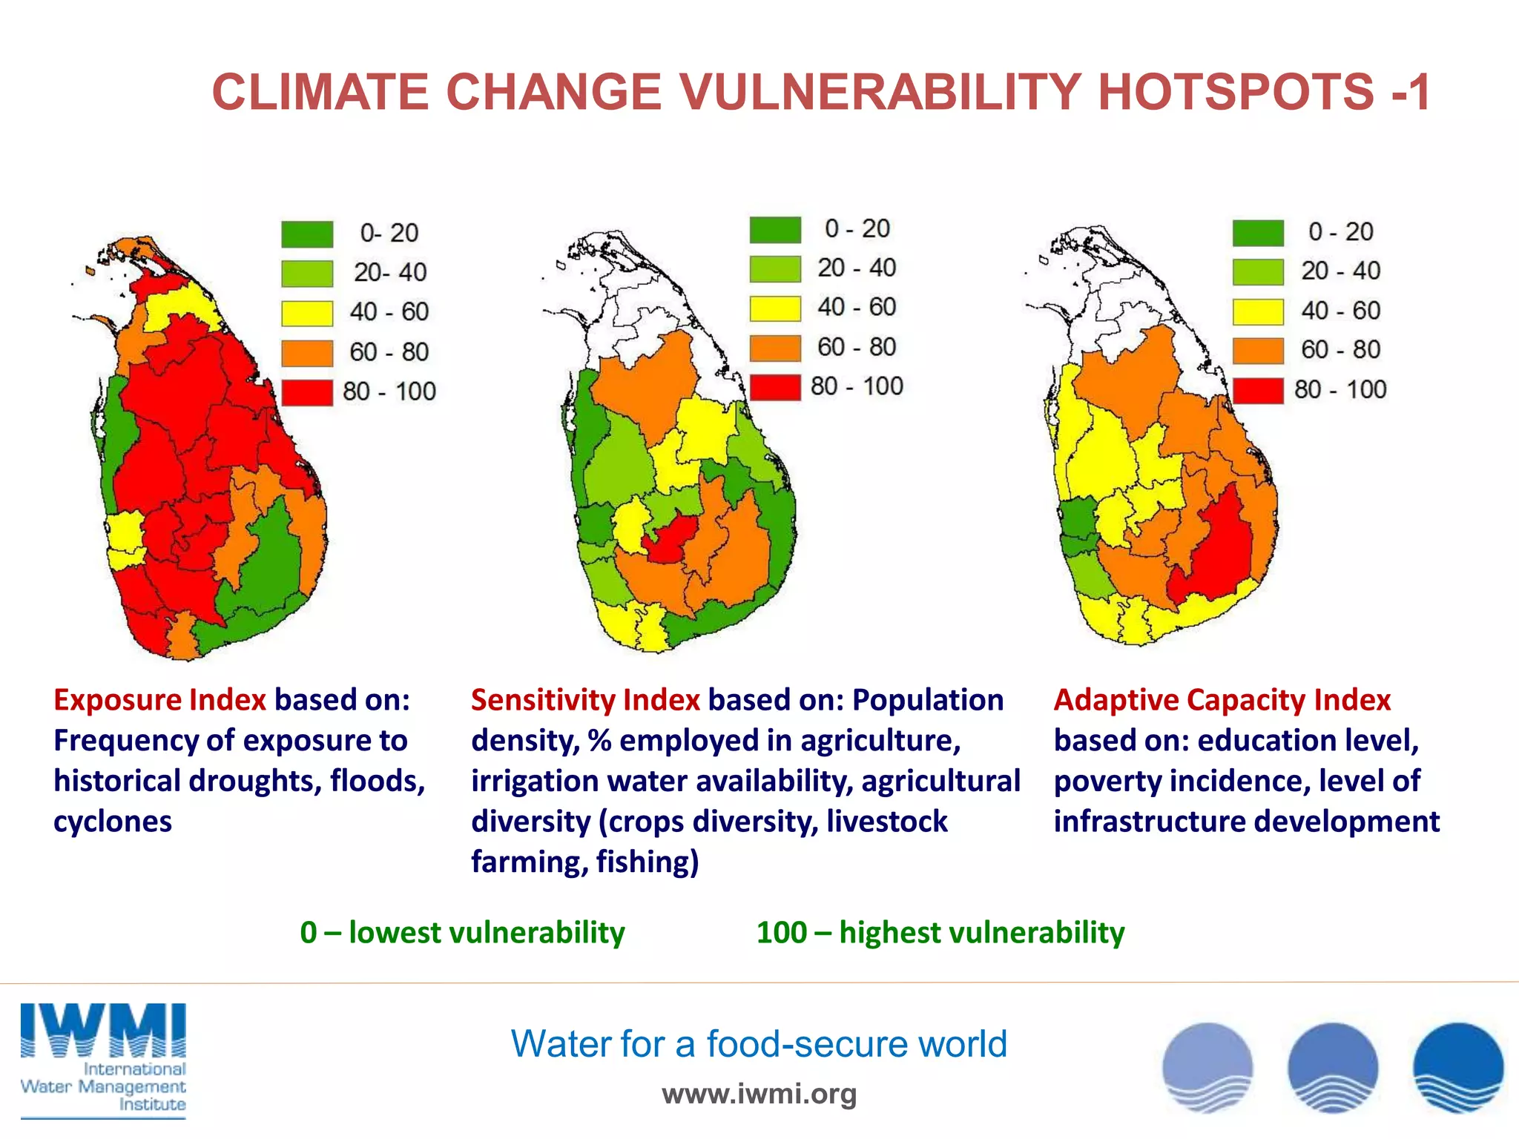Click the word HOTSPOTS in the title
click(x=1236, y=92)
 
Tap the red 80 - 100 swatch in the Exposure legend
click(x=307, y=392)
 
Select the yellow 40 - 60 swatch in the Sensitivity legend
click(x=775, y=308)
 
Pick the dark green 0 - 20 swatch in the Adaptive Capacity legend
click(x=1258, y=232)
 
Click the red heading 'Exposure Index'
click(x=159, y=700)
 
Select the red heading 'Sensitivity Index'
click(x=585, y=700)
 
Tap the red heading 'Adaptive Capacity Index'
click(x=1222, y=700)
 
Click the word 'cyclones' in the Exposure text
click(x=113, y=822)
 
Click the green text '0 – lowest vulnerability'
click(x=462, y=932)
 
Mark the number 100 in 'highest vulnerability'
click(x=781, y=932)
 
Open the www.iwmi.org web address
click(x=759, y=1094)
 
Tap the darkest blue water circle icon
click(x=1457, y=1067)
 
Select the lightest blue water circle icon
click(x=1207, y=1067)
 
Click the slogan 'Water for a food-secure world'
click(x=759, y=1043)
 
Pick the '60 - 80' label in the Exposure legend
click(x=389, y=351)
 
